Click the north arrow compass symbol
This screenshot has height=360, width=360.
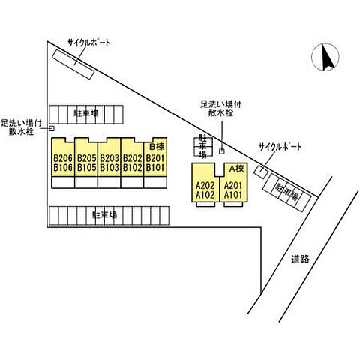(x=325, y=57)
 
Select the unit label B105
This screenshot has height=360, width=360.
(x=86, y=168)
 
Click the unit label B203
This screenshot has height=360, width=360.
(x=109, y=158)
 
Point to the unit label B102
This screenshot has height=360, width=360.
(x=133, y=168)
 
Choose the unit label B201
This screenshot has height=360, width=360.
(x=155, y=158)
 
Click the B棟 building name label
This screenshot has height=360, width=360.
(x=157, y=147)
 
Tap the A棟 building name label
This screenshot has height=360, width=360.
(x=236, y=169)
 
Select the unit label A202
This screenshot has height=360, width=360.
(x=205, y=185)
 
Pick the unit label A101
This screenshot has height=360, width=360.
(x=233, y=195)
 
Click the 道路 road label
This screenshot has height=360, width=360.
(x=300, y=259)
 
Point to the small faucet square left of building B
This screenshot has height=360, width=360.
(x=52, y=128)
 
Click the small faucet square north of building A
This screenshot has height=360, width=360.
(x=222, y=151)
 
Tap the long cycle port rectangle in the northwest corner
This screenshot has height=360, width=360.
(x=73, y=64)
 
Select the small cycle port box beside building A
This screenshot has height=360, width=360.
(x=261, y=172)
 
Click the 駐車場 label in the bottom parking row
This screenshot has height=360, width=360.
(x=105, y=215)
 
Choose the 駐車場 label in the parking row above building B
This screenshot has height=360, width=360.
(x=85, y=113)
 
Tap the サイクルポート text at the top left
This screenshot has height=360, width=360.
(x=88, y=43)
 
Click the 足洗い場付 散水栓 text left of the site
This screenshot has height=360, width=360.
(x=21, y=127)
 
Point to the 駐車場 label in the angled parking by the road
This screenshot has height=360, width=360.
(x=286, y=193)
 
